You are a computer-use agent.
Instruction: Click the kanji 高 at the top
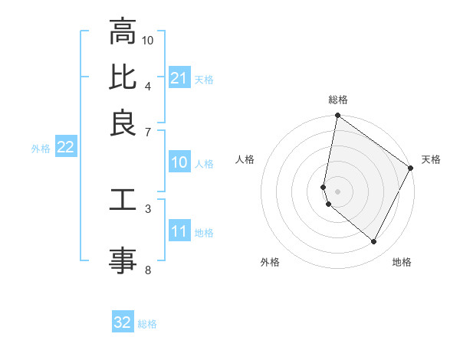point(123,32)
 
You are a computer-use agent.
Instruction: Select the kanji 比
point(123,77)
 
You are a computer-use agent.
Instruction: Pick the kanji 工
point(123,200)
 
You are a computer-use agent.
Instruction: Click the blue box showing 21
point(179,78)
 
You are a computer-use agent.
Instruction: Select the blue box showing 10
point(179,162)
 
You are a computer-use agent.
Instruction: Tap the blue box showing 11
point(179,231)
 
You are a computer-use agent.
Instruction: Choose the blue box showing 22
point(65,148)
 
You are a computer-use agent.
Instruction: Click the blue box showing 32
point(123,322)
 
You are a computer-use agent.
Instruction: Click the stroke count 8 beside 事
point(147,269)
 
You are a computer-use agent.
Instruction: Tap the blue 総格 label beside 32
point(147,324)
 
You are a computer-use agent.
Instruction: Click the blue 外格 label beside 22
point(40,149)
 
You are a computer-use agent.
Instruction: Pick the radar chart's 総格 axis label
point(337,100)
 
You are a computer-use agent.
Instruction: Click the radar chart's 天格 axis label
point(431,159)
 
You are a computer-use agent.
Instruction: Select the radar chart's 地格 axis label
point(402,262)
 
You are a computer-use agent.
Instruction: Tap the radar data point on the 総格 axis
point(337,116)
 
